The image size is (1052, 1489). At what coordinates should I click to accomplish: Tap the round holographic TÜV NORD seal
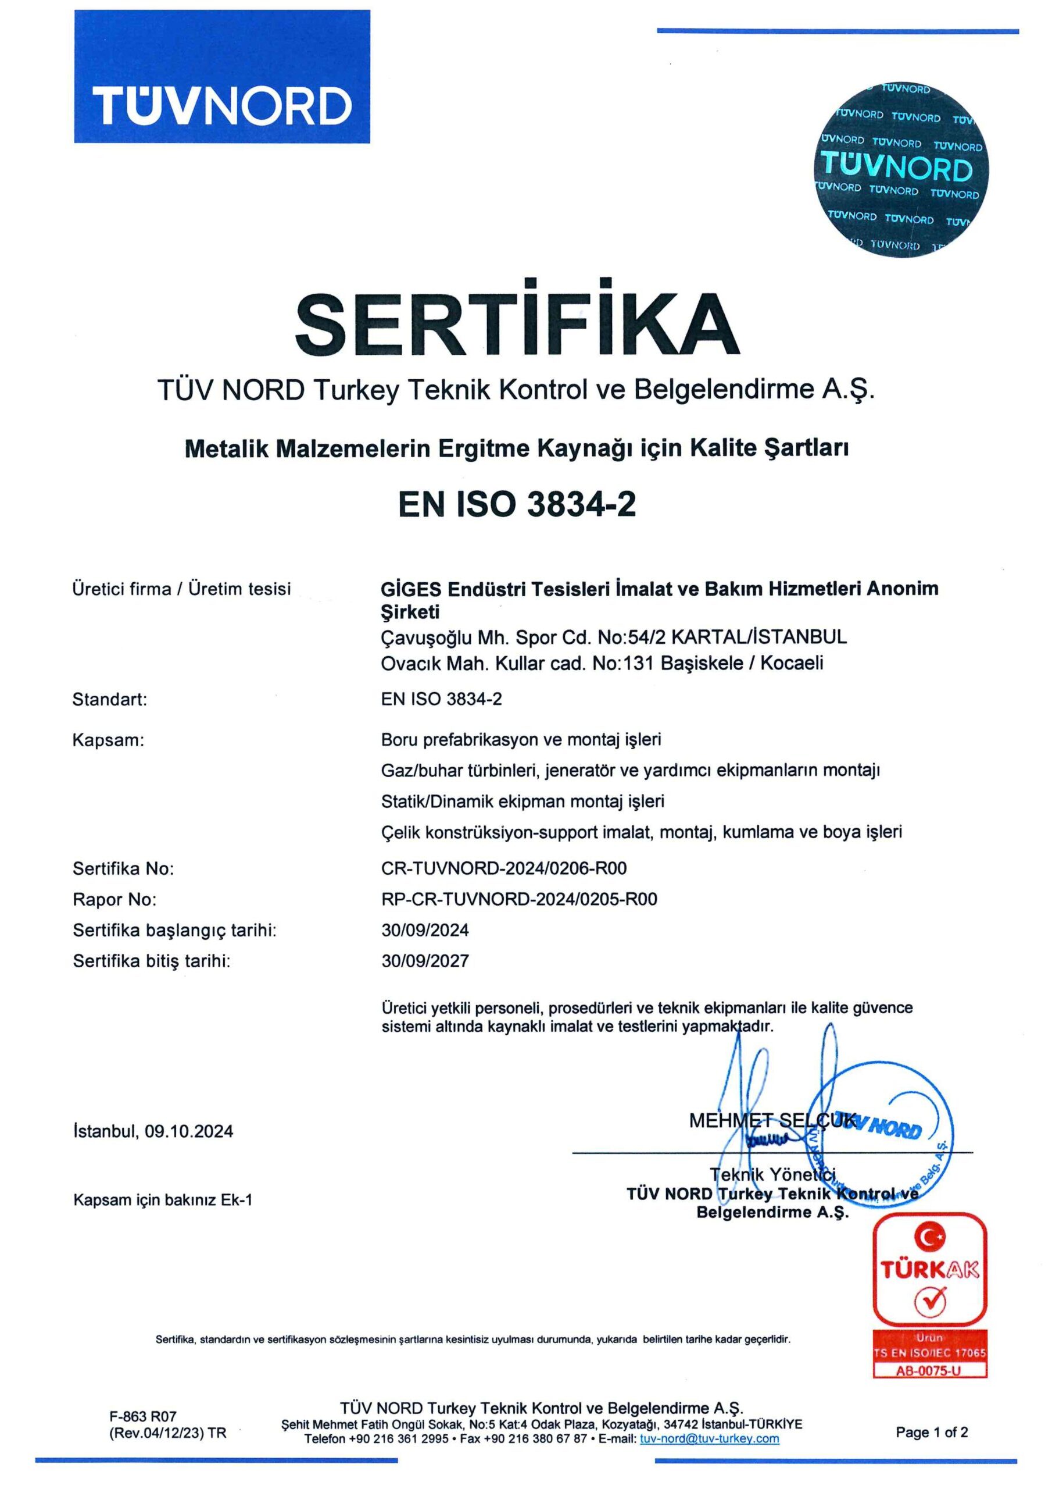pos(901,169)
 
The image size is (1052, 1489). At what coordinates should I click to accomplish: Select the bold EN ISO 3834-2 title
pos(517,504)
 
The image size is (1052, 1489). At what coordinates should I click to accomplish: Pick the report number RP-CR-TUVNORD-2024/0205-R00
pos(518,899)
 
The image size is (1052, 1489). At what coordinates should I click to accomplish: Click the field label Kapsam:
pos(108,740)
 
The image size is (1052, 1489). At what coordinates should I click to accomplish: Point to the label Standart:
pos(109,699)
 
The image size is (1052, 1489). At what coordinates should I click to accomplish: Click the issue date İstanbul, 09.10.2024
pos(153,1131)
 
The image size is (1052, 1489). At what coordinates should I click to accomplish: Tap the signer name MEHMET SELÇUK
pos(771,1120)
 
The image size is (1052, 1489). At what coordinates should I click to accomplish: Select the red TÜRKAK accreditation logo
pos(929,1269)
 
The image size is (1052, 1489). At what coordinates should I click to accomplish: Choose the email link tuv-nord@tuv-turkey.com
pos(709,1438)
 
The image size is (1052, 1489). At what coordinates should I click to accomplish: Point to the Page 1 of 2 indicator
pos(932,1432)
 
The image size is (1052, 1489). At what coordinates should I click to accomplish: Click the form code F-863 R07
pos(142,1416)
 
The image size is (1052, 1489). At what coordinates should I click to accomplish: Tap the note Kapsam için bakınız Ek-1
pos(163,1200)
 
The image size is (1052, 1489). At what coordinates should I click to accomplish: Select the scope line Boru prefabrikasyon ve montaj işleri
pos(521,739)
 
